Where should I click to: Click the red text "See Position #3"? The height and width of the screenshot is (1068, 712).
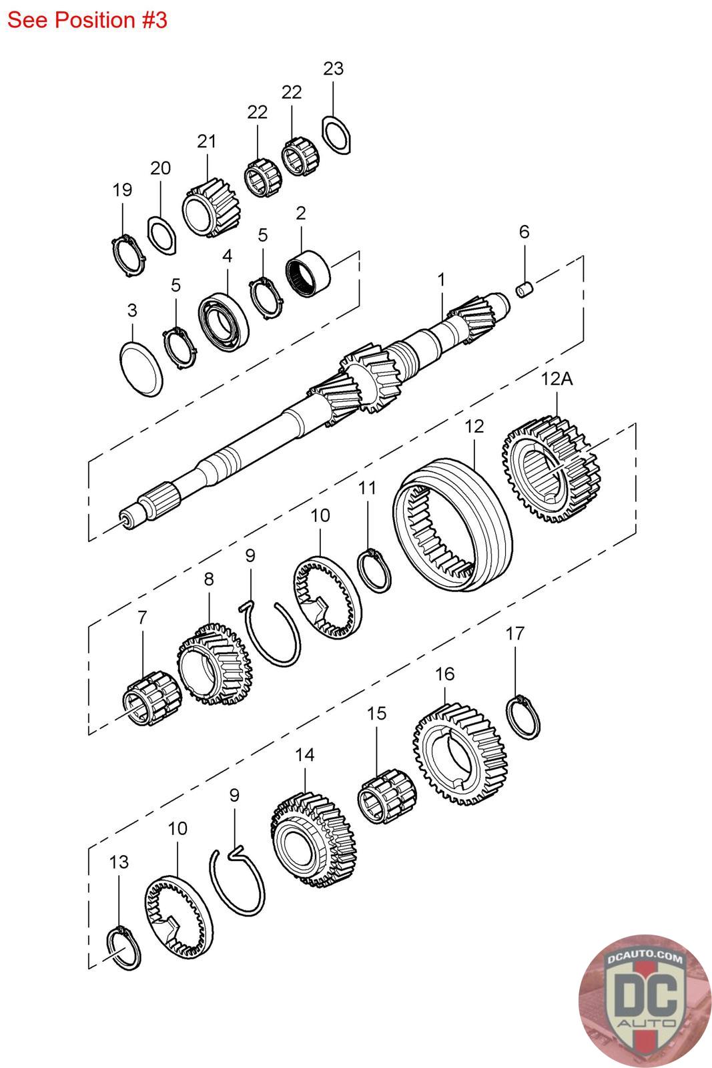[87, 20]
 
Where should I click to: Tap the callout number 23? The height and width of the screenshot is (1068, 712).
[333, 68]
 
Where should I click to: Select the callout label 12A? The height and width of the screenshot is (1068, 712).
[557, 379]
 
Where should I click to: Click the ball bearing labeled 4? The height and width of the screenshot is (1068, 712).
[224, 320]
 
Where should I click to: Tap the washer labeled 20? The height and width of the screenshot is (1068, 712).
[161, 234]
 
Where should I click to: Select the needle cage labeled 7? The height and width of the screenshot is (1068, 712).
[151, 699]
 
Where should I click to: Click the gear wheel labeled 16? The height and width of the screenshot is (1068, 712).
[458, 754]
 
